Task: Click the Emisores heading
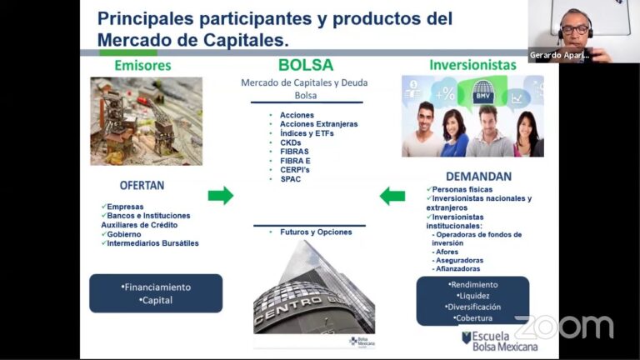142,65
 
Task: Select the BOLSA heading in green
306,65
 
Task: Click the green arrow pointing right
221,196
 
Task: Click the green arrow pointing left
392,197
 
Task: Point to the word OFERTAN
142,186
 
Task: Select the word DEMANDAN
478,177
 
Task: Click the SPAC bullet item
291,179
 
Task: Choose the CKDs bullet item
291,142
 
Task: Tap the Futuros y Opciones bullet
316,232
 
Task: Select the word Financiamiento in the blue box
156,287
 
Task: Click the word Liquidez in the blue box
473,295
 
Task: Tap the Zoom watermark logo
563,326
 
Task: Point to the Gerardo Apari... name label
560,56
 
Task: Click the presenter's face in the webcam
574,25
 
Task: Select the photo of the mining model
146,121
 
